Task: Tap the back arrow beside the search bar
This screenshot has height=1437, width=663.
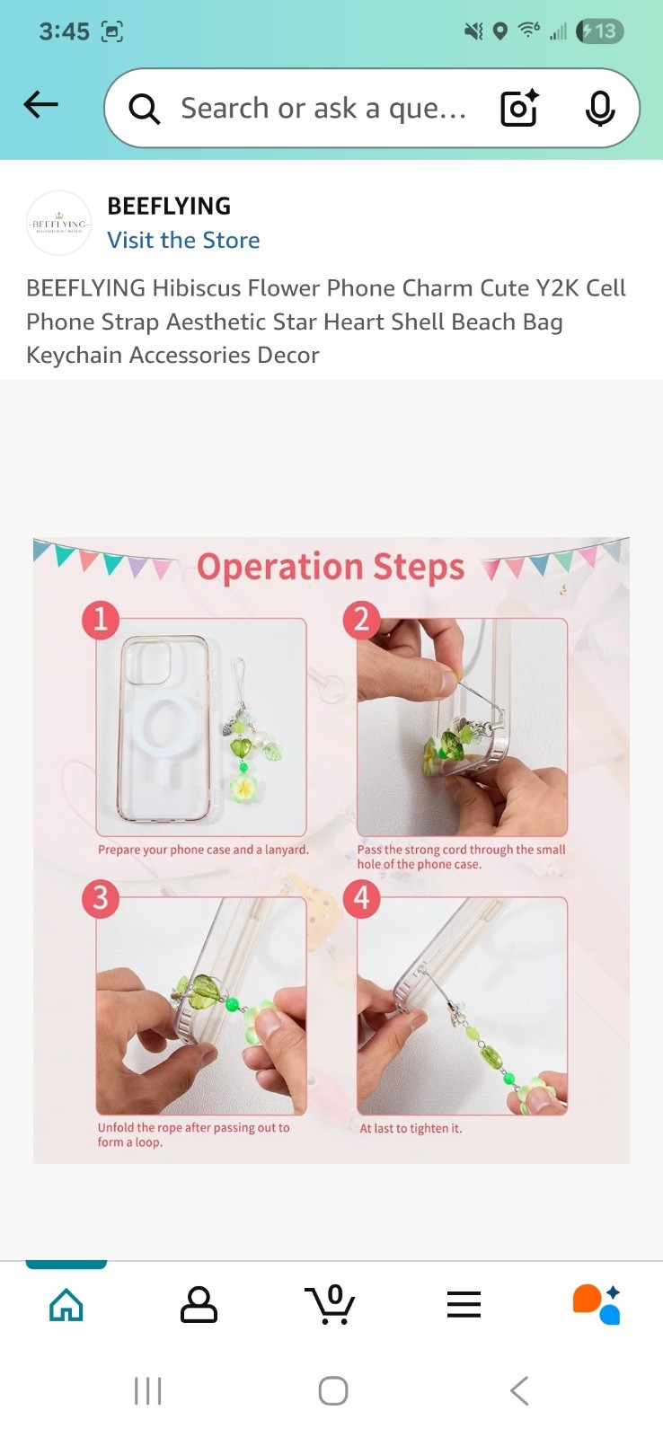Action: [40, 104]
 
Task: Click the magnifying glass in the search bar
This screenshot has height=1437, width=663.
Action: [144, 109]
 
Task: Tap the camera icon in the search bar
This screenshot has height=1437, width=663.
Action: [518, 108]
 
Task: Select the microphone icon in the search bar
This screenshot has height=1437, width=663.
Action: [600, 109]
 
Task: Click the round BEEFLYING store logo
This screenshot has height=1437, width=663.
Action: [59, 224]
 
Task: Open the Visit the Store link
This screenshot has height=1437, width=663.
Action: [183, 240]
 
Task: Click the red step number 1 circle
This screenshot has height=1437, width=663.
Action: [100, 620]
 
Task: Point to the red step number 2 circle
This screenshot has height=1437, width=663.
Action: [362, 621]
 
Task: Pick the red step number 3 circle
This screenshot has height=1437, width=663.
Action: [100, 899]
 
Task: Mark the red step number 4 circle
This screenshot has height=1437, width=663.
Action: [362, 899]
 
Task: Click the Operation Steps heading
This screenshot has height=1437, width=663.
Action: [331, 568]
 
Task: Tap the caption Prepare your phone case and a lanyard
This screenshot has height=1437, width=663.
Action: [203, 850]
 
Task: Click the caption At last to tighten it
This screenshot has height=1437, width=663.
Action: [411, 1128]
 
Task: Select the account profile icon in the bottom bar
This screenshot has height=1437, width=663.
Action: [199, 1304]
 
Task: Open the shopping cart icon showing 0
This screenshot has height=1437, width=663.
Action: [330, 1303]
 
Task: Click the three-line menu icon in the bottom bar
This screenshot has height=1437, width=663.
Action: [464, 1304]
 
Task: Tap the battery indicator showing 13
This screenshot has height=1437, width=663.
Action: [600, 31]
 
